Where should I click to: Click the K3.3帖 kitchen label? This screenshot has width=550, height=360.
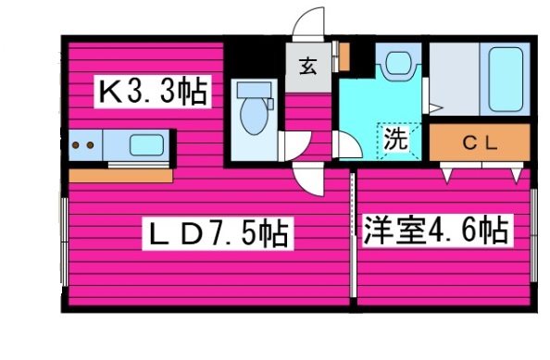click(153, 93)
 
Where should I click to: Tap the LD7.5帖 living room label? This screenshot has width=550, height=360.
click(216, 232)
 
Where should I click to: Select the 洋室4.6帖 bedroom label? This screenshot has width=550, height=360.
click(435, 229)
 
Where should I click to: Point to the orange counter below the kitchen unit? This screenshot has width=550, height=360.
click(120, 173)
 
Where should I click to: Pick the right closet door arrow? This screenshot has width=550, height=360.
click(515, 172)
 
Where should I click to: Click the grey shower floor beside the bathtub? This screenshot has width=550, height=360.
click(452, 79)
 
